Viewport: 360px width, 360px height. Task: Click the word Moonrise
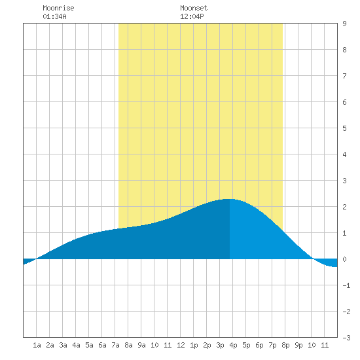tap(58, 8)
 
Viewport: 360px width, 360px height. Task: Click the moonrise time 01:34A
tap(54, 16)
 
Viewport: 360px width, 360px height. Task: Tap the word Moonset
tap(194, 8)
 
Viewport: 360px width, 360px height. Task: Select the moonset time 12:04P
tap(192, 16)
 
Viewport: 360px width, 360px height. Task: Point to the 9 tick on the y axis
tap(344, 24)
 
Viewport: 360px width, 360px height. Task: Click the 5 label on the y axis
tap(344, 128)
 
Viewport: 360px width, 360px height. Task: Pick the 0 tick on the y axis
tap(344, 259)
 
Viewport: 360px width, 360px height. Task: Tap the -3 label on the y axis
tap(346, 338)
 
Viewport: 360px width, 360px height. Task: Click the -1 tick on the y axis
tap(346, 285)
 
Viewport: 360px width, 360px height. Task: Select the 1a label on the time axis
tap(37, 345)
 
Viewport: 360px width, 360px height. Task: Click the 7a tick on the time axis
tap(115, 345)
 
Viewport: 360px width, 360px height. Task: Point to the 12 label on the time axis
tap(181, 345)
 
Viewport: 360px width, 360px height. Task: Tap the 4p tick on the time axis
tap(233, 345)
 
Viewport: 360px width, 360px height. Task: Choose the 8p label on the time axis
tap(285, 345)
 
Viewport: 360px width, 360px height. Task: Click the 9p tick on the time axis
tap(298, 345)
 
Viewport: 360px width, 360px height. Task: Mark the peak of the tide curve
tap(230, 199)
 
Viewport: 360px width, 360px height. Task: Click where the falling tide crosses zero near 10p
tap(313, 259)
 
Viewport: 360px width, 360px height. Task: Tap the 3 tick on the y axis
tap(344, 181)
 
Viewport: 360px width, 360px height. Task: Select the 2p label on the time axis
tap(207, 345)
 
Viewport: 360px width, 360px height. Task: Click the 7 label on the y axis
tap(344, 76)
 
